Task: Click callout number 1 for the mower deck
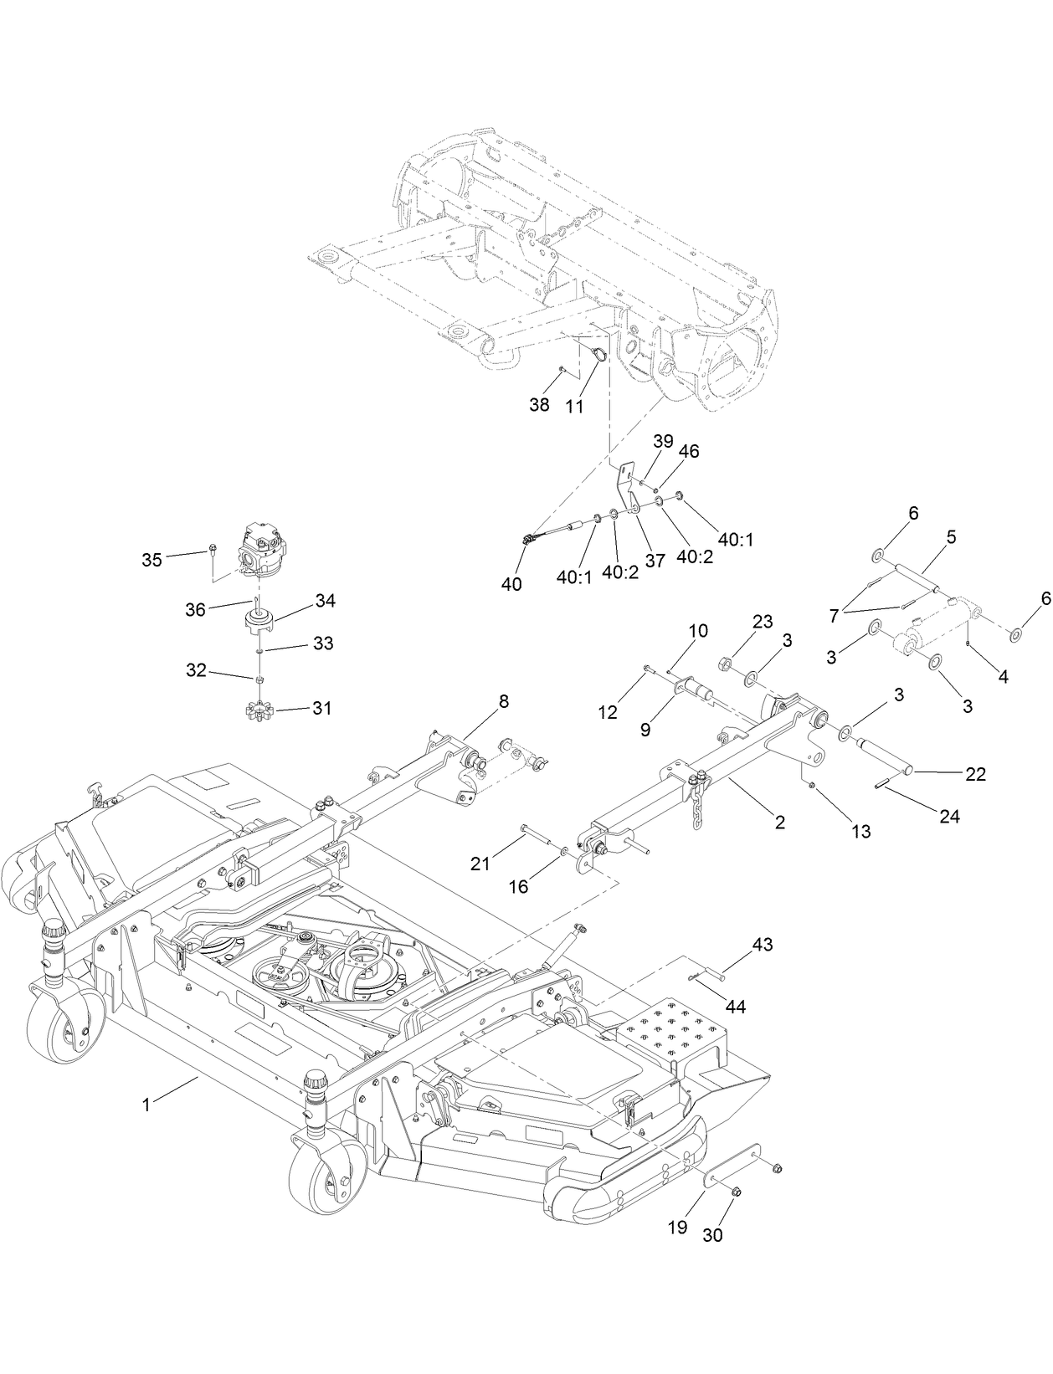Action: click(x=146, y=1105)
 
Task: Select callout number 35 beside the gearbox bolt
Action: click(x=152, y=560)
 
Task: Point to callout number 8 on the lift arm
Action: click(x=503, y=701)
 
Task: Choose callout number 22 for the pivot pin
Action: click(x=975, y=774)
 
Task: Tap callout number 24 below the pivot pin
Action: click(x=949, y=816)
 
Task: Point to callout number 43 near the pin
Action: click(x=762, y=945)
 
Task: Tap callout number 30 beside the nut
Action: click(x=712, y=1234)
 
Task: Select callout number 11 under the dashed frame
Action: click(x=573, y=406)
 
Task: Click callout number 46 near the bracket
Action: click(x=689, y=451)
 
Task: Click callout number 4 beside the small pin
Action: click(x=1002, y=676)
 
